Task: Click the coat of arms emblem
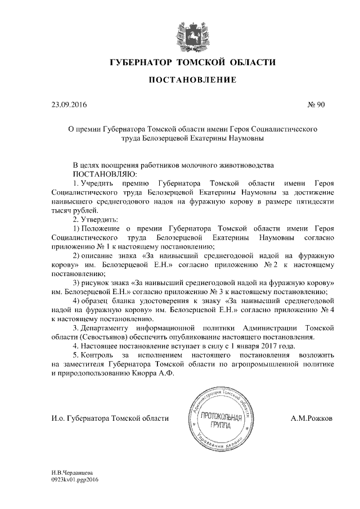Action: tap(190, 35)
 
